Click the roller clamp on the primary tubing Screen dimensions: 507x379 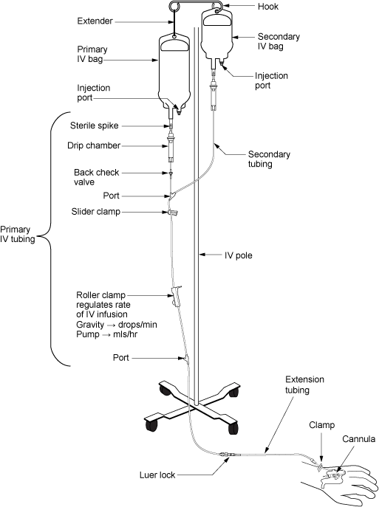tap(177, 296)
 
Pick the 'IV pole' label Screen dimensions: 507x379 tap(240, 255)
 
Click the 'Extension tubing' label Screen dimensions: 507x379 tap(304, 384)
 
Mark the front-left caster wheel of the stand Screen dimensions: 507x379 tap(151, 426)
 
